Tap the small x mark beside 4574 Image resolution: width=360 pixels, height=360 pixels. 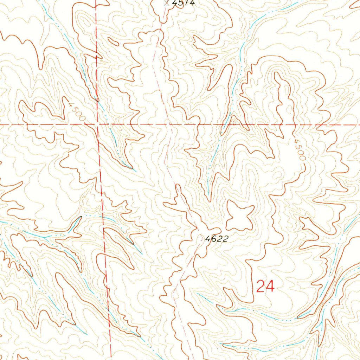click(x=166, y=2)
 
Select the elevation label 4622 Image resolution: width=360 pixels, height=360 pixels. click(x=217, y=239)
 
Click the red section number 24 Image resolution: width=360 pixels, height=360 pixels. click(x=265, y=287)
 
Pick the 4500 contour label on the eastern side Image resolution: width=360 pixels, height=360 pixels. click(x=299, y=149)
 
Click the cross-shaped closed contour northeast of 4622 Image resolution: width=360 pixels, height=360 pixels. click(x=240, y=215)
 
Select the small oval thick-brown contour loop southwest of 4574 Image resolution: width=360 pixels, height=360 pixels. click(x=113, y=41)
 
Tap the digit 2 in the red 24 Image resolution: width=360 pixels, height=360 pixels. click(x=261, y=287)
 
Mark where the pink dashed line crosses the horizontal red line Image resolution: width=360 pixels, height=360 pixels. click(x=168, y=124)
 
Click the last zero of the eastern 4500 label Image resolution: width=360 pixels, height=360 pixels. click(x=302, y=158)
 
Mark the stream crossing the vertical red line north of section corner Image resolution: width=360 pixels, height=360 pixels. click(x=97, y=101)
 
